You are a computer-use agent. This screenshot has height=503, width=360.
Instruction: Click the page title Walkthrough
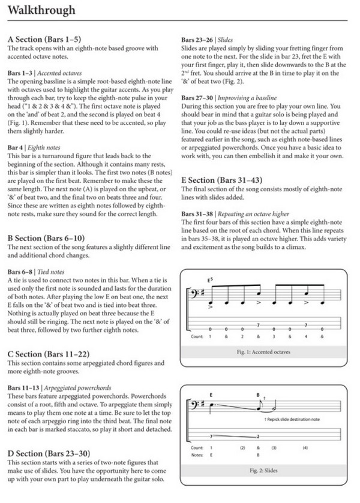(x=41, y=10)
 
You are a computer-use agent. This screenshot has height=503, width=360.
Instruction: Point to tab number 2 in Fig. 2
(x=258, y=453)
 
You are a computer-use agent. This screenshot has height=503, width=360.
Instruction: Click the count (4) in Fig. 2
(x=304, y=465)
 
